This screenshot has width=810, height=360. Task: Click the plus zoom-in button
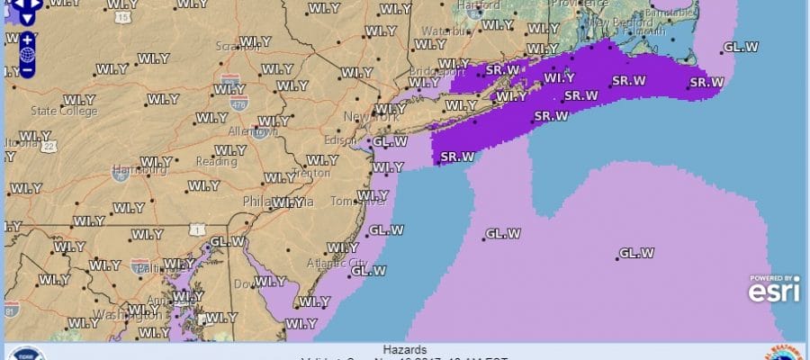click(27, 40)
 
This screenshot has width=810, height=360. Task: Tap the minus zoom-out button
click(27, 67)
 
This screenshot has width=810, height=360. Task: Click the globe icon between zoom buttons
click(27, 53)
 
